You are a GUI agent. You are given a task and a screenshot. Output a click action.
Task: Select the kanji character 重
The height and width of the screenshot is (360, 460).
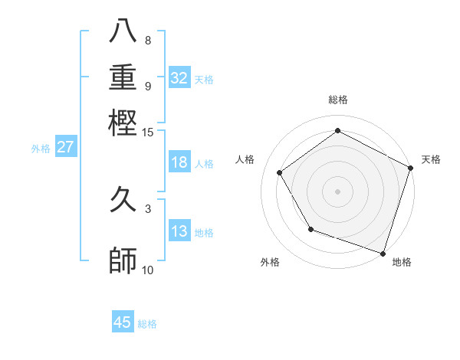tap(123, 78)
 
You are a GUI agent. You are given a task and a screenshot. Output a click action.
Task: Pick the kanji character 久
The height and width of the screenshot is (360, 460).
tap(123, 203)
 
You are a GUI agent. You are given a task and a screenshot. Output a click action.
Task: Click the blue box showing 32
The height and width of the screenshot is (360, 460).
tap(179, 78)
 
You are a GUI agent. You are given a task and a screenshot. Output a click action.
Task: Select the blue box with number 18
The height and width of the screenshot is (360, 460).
tap(179, 162)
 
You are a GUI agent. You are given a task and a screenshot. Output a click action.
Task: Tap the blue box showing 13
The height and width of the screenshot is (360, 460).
tap(179, 231)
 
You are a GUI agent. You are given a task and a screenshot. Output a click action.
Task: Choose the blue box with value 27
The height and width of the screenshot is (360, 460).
tap(65, 147)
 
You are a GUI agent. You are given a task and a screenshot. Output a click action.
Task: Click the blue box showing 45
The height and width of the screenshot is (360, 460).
tap(123, 322)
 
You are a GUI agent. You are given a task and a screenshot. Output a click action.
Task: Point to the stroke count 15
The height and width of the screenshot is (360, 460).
tap(148, 133)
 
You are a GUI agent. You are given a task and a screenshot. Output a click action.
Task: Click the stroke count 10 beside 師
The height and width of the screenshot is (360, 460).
tap(148, 270)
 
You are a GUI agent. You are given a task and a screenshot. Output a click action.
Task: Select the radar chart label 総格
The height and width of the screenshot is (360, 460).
tap(338, 100)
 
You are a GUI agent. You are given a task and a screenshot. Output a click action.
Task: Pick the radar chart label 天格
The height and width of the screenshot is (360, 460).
tap(431, 159)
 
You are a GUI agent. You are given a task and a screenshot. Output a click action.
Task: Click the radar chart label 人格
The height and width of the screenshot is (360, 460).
tap(245, 159)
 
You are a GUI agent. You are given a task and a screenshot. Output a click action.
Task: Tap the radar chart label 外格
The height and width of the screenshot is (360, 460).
tap(270, 262)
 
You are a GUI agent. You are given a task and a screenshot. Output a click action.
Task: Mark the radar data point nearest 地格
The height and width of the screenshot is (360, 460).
tap(383, 253)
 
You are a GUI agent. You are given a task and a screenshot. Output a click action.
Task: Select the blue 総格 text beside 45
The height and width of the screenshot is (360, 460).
tap(148, 324)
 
